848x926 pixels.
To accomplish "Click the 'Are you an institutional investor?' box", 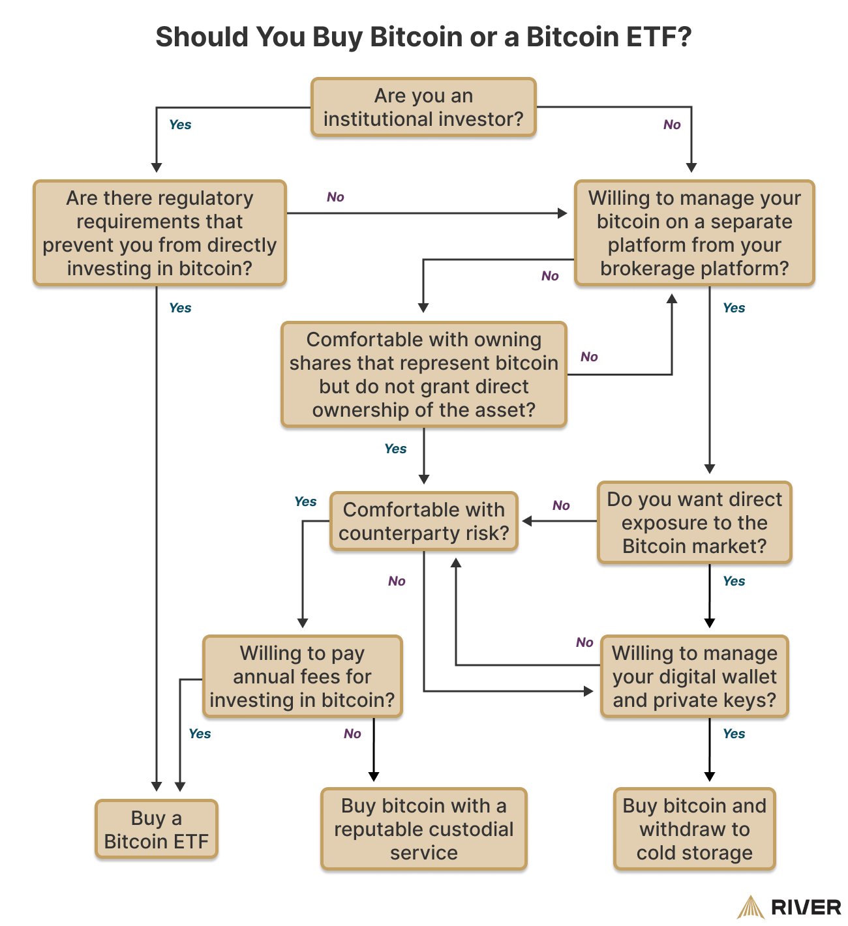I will (x=423, y=108).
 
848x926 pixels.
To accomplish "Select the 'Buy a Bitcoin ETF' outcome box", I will (x=157, y=829).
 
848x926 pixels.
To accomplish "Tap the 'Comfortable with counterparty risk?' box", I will (x=424, y=522).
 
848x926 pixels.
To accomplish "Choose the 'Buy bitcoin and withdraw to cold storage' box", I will (x=695, y=829).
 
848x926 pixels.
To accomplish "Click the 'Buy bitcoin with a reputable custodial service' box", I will (x=424, y=829).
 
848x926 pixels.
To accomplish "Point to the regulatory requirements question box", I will (x=160, y=233).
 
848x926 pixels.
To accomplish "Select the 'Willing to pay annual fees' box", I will (x=303, y=677).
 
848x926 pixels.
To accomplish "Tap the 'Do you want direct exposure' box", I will (x=695, y=523).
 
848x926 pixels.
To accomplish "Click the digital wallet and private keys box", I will (x=695, y=677).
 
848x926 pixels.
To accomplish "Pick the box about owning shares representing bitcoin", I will (x=424, y=375).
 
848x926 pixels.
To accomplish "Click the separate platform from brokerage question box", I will (x=695, y=233).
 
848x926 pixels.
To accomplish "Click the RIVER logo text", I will (x=806, y=907).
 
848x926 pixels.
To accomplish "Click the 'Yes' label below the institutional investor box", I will (x=180, y=125).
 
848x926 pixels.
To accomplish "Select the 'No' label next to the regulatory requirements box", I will (x=335, y=197).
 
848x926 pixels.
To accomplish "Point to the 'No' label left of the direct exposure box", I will (x=561, y=505).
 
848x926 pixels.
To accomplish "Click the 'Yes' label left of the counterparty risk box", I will (x=305, y=501).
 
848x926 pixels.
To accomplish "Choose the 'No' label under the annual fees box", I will (x=352, y=734).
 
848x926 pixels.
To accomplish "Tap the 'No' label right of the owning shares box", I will (x=589, y=357).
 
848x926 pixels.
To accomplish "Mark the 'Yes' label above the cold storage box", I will (x=734, y=734).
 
